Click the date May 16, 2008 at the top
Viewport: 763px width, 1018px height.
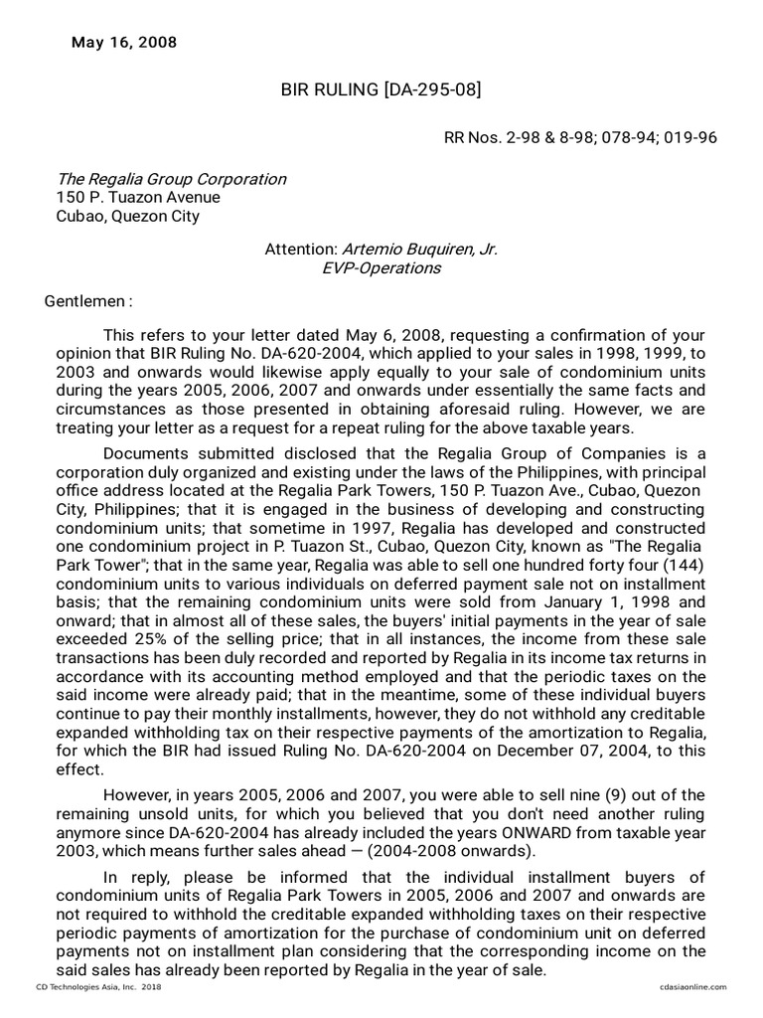click(x=124, y=43)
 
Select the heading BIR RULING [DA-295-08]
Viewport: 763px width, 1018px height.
click(x=381, y=91)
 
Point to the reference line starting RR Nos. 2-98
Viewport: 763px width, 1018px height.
click(x=579, y=137)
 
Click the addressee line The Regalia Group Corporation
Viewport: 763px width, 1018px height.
click(x=171, y=179)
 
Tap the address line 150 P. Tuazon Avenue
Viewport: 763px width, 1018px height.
click(x=138, y=197)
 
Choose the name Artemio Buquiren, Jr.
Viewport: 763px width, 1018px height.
click(x=419, y=250)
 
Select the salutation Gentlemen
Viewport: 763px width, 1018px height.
click(x=88, y=301)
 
